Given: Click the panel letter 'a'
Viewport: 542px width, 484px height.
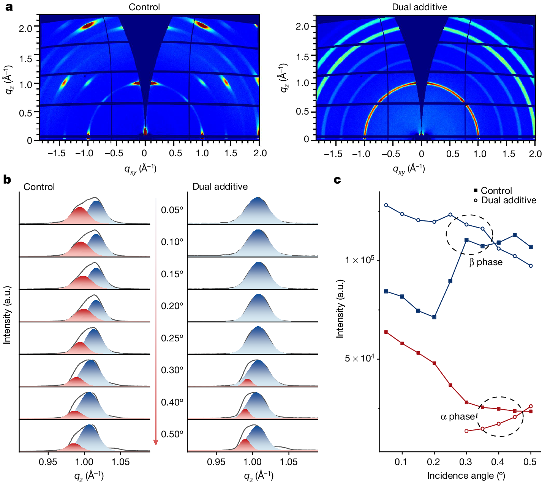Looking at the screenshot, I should click(x=9, y=7).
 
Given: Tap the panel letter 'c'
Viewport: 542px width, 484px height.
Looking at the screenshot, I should click(x=337, y=180).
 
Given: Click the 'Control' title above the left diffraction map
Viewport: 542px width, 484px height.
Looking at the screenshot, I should click(x=144, y=7).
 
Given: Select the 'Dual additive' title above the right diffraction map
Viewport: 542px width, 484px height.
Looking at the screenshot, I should click(x=419, y=7).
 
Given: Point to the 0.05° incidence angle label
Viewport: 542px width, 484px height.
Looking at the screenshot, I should click(x=172, y=210).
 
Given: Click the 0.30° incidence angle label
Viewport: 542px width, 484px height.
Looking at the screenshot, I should click(x=172, y=370).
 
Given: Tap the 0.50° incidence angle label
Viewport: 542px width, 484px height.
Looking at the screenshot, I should click(x=172, y=434).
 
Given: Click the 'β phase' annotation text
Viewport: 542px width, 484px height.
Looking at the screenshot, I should click(x=486, y=262).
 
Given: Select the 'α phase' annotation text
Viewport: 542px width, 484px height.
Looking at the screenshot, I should click(x=458, y=416).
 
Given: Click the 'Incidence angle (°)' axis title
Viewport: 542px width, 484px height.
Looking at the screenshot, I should click(x=466, y=476).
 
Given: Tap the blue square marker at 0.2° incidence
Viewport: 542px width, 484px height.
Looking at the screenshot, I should click(x=434, y=317).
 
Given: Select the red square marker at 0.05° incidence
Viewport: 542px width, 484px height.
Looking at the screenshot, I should click(x=386, y=332).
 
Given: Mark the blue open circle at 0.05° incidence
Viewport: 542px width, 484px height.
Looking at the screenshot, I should click(x=386, y=205).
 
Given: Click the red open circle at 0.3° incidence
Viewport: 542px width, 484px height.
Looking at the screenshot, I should click(x=466, y=431).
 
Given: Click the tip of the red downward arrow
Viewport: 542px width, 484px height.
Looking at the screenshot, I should click(x=156, y=444).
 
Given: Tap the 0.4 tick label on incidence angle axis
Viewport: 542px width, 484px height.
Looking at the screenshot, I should click(x=498, y=462).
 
